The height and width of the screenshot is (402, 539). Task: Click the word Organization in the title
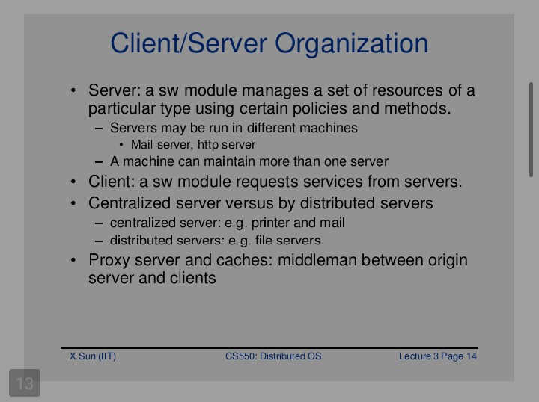coord(351,44)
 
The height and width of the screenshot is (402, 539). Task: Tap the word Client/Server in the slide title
coord(189,43)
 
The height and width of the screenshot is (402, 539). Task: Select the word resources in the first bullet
coord(407,90)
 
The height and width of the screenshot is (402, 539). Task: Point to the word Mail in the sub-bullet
coord(141,144)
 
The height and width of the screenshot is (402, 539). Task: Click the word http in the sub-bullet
coord(208,145)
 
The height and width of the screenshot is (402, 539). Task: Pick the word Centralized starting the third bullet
coord(130,203)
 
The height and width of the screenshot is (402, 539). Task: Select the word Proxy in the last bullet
coord(109,261)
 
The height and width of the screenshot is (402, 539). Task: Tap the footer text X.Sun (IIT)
coord(93,356)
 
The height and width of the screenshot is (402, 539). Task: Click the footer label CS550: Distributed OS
coord(273,356)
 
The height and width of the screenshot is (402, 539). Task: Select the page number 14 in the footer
coord(472,356)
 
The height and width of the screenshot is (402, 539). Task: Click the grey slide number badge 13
coord(25,383)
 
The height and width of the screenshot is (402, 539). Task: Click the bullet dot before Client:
coord(73,182)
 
